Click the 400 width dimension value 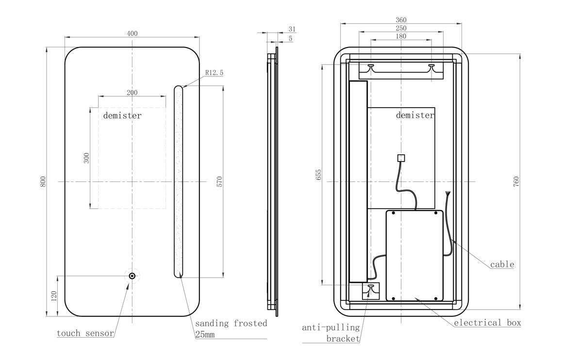(132, 33)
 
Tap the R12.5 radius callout (214, 73)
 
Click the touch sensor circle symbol (132, 276)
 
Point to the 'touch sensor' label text (85, 333)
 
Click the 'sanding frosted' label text (231, 323)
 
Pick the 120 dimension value (54, 296)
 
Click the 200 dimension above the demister (132, 93)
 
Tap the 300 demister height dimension (86, 158)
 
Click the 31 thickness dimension (292, 29)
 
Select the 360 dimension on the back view (401, 20)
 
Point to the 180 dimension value (401, 36)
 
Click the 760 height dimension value (516, 181)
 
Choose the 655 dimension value (318, 175)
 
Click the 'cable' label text (502, 264)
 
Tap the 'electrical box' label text (487, 323)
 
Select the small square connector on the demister (401, 158)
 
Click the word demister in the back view (415, 115)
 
